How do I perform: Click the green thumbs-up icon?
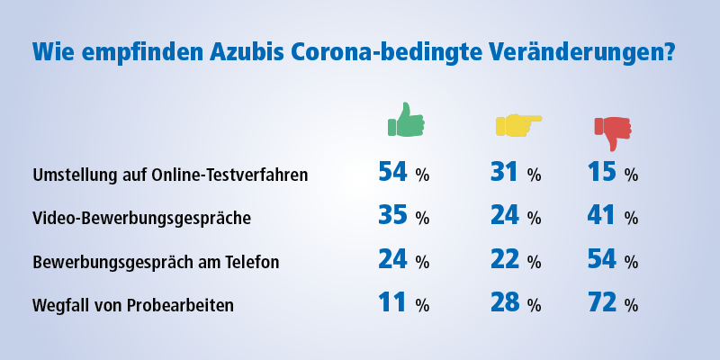(x=406, y=120)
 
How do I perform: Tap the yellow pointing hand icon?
(x=518, y=124)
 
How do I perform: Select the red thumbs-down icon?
(x=613, y=133)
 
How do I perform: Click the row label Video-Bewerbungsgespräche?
(x=142, y=218)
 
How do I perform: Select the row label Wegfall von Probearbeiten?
(x=133, y=305)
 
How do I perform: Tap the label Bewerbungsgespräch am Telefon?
(x=156, y=262)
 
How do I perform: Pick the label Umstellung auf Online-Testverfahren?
(x=170, y=175)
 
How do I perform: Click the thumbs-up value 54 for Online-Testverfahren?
(x=392, y=172)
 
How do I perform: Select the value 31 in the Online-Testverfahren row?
(x=504, y=172)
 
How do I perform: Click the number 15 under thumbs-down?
(x=601, y=172)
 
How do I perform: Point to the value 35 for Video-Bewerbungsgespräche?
(x=392, y=216)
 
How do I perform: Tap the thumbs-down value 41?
(x=601, y=216)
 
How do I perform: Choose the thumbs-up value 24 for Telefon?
(x=392, y=259)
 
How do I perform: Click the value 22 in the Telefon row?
(x=505, y=259)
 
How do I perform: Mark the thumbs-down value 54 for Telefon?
(x=602, y=259)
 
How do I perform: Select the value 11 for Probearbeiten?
(x=392, y=303)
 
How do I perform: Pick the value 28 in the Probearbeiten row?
(x=505, y=303)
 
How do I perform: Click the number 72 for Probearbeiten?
(x=602, y=303)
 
